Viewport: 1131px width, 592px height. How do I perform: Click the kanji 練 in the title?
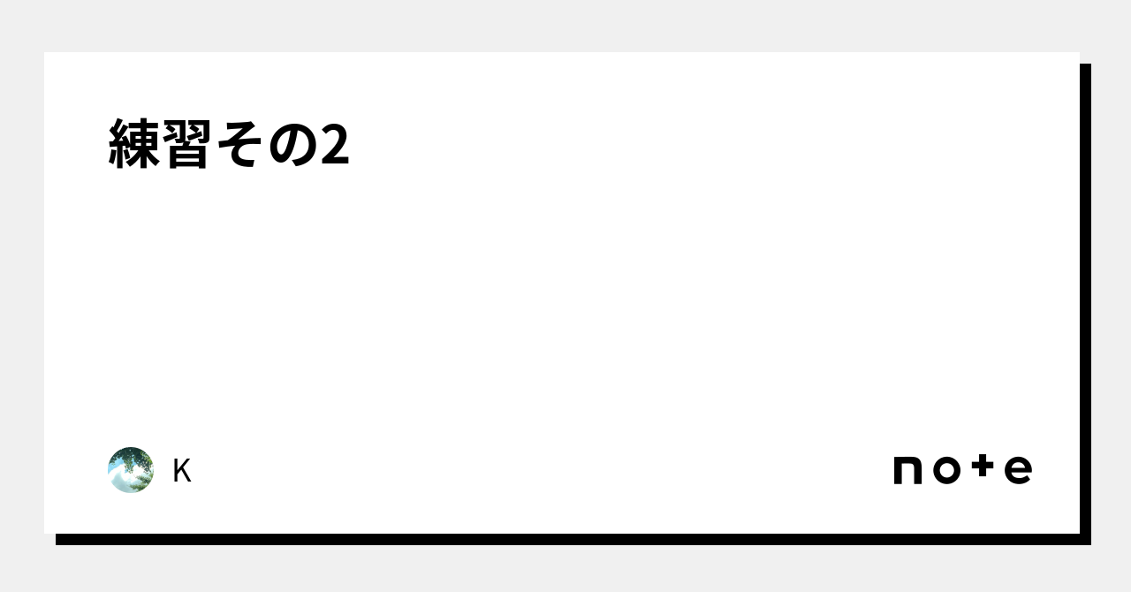134,143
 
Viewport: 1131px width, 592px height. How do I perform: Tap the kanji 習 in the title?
187,143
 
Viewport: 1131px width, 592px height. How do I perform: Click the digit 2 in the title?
335,144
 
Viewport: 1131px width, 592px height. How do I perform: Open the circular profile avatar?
131,470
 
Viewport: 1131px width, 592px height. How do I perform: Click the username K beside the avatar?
182,471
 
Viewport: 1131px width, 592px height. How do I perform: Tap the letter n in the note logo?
907,470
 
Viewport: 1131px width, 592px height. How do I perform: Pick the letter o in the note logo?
946,470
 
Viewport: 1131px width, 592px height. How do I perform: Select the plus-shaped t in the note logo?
983,466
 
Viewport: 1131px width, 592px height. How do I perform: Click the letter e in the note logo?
1019,470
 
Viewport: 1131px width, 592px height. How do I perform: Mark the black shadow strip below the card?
573,540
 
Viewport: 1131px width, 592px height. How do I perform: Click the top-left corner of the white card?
44,52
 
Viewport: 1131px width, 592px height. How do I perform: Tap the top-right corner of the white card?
1080,52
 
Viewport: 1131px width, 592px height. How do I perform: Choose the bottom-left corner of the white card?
44,534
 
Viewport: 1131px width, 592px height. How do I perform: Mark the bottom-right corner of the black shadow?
1091,545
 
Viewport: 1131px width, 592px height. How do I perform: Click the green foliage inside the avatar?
135,459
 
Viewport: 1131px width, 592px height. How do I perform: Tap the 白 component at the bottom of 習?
187,156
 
